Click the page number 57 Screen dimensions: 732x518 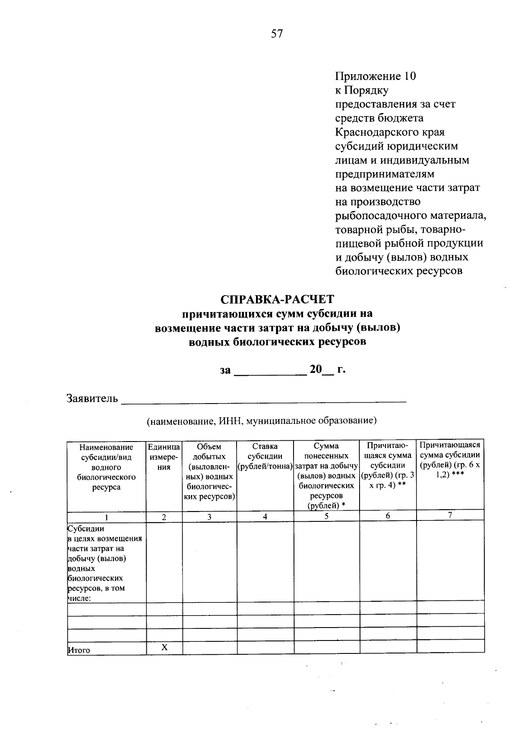pyautogui.click(x=277, y=34)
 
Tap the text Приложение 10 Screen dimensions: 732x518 pyautogui.click(x=376, y=76)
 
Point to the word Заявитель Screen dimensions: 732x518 pyautogui.click(x=92, y=398)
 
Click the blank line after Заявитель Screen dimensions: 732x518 pyautogui.click(x=263, y=399)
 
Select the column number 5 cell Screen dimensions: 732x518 pyautogui.click(x=326, y=516)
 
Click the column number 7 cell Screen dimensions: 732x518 pyautogui.click(x=450, y=515)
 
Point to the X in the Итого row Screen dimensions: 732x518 pyautogui.click(x=164, y=647)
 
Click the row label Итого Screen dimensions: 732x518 pyautogui.click(x=79, y=650)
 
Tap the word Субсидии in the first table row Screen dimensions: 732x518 pyautogui.click(x=86, y=529)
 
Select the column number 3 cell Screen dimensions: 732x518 pyautogui.click(x=209, y=517)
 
